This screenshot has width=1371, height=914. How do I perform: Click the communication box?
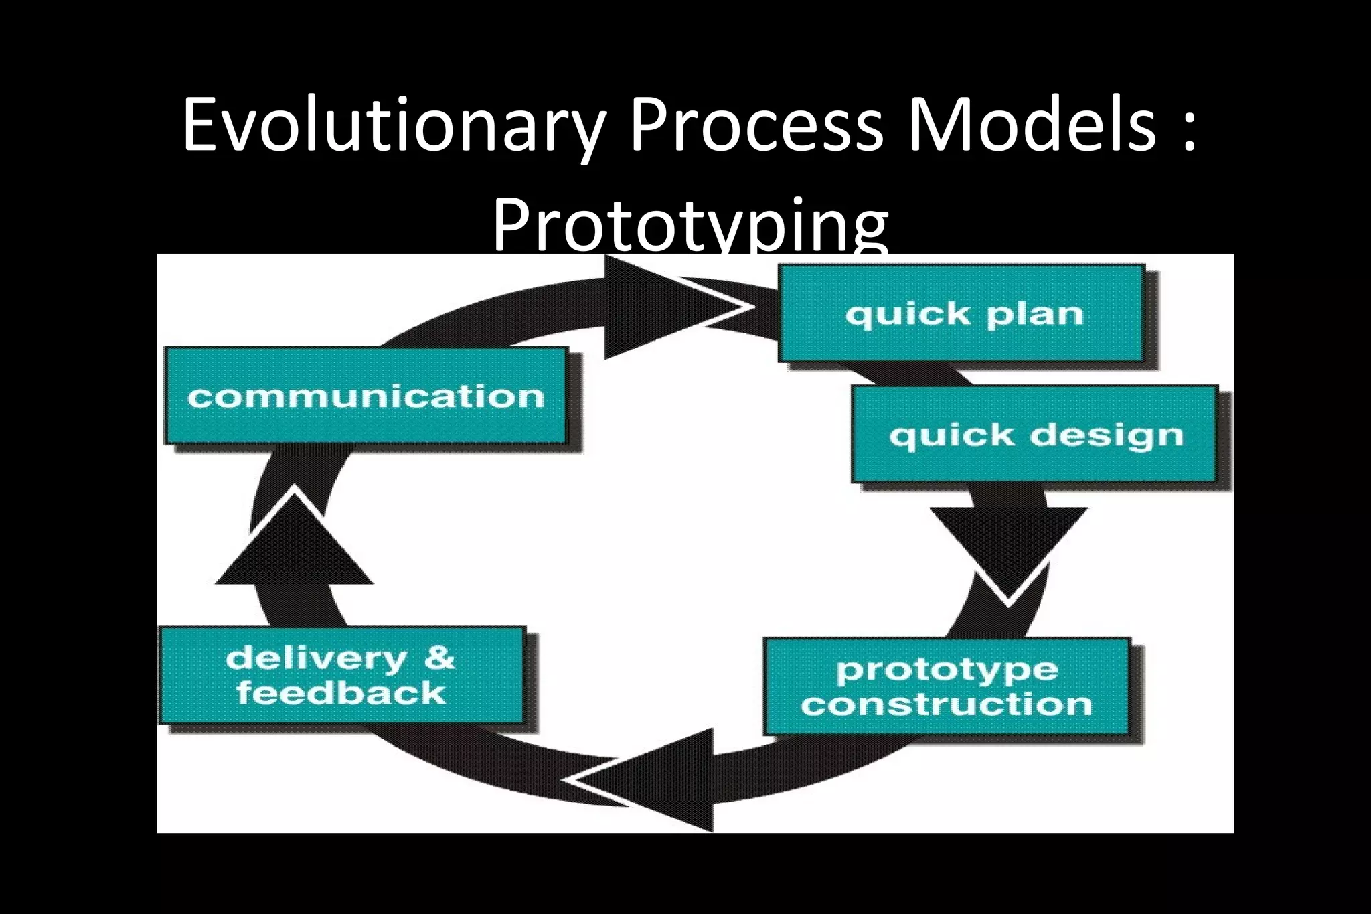[x=366, y=396]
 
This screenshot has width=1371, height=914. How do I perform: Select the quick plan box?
[x=961, y=314]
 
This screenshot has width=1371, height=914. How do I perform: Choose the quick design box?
[x=1034, y=434]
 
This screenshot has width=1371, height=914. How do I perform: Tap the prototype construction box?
[x=947, y=686]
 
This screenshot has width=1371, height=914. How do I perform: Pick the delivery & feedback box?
[x=341, y=675]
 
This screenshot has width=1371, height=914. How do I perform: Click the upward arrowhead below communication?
[x=295, y=542]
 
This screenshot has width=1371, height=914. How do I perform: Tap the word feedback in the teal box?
[x=341, y=693]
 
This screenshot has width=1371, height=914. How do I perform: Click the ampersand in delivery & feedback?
[x=439, y=658]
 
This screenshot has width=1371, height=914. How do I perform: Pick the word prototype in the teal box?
[x=947, y=670]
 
